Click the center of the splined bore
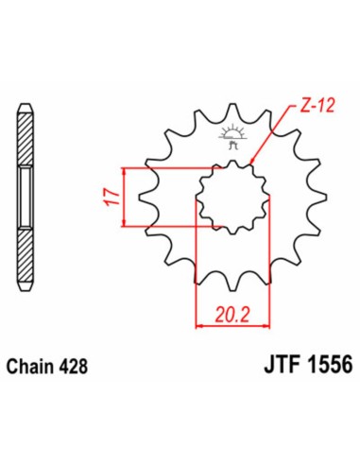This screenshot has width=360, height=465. [x=226, y=197]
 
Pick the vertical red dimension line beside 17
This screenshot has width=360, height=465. [x=125, y=198]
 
